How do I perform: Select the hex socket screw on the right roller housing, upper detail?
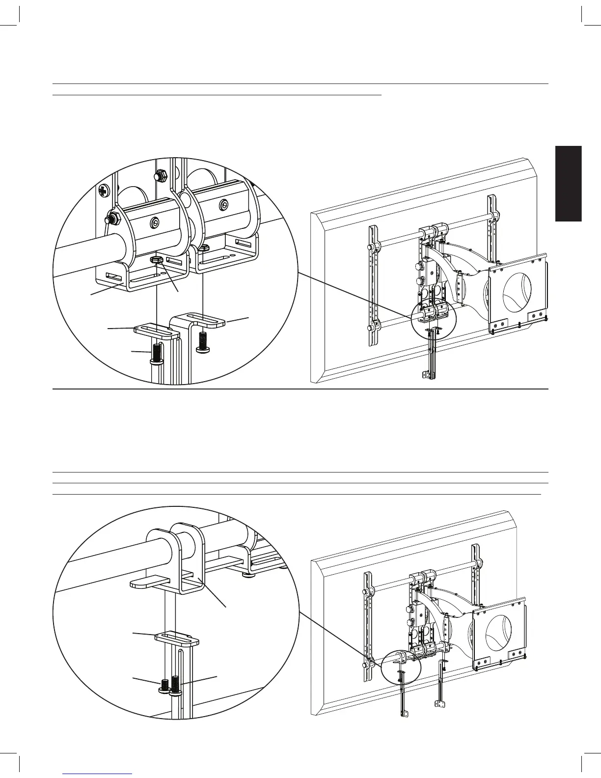223,205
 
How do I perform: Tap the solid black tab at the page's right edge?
568,184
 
